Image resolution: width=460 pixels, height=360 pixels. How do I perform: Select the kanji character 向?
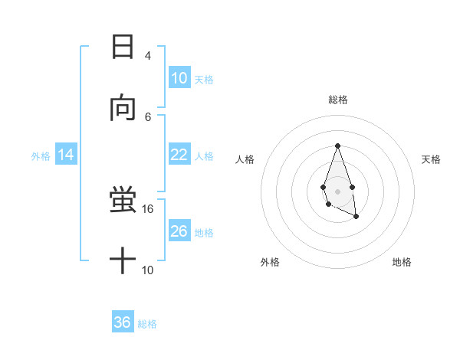click(123, 109)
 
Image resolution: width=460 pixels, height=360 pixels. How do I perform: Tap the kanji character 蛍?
click(123, 200)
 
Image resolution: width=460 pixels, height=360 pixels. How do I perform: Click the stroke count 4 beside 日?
click(148, 55)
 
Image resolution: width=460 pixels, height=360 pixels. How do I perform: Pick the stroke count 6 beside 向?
click(148, 116)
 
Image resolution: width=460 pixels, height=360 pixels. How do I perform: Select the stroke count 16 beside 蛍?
click(148, 208)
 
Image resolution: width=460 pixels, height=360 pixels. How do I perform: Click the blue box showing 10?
click(179, 78)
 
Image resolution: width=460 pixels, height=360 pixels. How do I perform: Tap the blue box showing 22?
click(179, 155)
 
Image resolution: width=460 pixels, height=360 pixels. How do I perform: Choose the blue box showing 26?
click(179, 231)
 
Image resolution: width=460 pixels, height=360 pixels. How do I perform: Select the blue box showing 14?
click(65, 155)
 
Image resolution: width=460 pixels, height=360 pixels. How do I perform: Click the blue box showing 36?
click(122, 322)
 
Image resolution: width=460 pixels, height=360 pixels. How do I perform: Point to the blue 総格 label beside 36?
click(147, 324)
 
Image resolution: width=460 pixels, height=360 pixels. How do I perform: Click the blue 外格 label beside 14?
click(41, 156)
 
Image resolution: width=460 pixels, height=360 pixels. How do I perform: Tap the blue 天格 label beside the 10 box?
click(204, 80)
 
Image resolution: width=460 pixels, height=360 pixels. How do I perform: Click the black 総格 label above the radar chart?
click(337, 100)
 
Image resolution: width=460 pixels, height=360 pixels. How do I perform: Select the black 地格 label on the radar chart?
click(402, 262)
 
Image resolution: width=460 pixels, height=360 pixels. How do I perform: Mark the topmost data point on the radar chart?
click(337, 146)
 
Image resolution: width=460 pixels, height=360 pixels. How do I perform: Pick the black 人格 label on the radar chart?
click(245, 159)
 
